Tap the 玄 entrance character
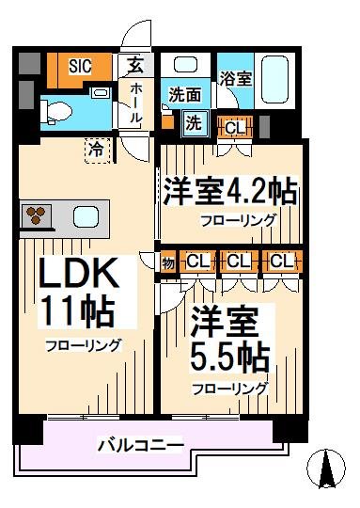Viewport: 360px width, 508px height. (x=134, y=66)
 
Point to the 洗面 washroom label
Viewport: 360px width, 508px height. (x=185, y=94)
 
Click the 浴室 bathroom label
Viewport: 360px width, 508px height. (x=234, y=78)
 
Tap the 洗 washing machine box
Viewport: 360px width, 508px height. (x=192, y=122)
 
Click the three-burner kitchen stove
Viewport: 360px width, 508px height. (x=36, y=214)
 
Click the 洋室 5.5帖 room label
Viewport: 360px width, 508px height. (x=228, y=341)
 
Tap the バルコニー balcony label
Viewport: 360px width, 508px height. (x=141, y=443)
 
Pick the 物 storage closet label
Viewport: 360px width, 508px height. (x=168, y=261)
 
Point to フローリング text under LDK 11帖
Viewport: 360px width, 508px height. (x=84, y=345)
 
